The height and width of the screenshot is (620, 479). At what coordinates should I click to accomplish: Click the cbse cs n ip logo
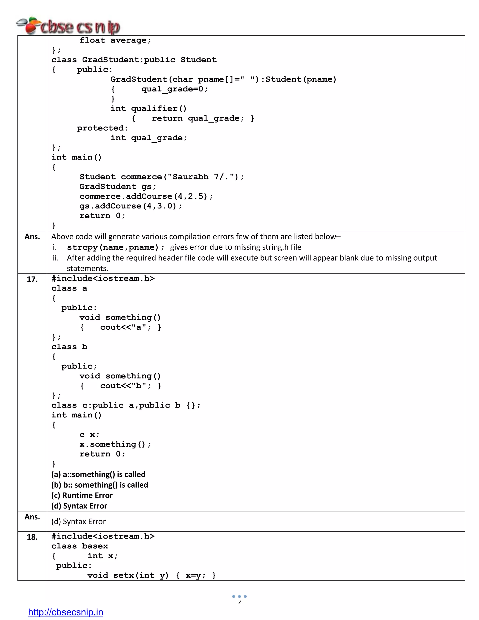68,26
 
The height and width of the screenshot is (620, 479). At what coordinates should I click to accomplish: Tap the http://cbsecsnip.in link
65,612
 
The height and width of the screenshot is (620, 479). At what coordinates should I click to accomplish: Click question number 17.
32,279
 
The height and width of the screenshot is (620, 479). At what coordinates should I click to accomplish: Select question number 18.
32,537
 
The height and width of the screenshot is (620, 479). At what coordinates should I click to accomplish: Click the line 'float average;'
115,40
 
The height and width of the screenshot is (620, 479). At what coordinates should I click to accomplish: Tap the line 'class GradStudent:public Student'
134,60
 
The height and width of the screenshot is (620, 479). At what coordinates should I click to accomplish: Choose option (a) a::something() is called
98,474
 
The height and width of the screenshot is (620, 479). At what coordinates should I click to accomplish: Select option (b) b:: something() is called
100,485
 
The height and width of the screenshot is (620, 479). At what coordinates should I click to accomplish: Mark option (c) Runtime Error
82,495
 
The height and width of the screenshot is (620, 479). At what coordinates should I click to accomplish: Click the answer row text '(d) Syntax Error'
79,522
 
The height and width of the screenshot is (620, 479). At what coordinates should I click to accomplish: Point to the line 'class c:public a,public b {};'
126,405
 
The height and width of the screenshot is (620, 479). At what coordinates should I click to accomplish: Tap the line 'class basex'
80,546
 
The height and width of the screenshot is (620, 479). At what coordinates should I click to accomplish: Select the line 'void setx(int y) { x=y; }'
152,576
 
